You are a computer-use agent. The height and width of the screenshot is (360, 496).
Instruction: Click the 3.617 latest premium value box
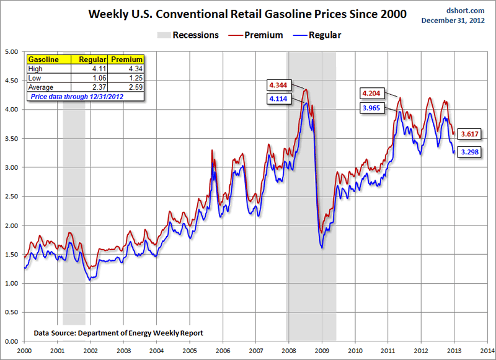[x=470, y=134]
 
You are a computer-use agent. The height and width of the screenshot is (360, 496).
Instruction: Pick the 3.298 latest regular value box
[x=470, y=151]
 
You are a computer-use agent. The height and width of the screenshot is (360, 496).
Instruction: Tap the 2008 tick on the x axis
[x=290, y=350]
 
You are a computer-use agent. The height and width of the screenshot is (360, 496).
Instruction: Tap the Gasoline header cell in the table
[x=43, y=59]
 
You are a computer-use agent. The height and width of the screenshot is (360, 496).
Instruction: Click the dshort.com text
[x=464, y=11]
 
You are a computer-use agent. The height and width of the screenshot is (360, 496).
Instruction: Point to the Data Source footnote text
[x=118, y=333]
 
